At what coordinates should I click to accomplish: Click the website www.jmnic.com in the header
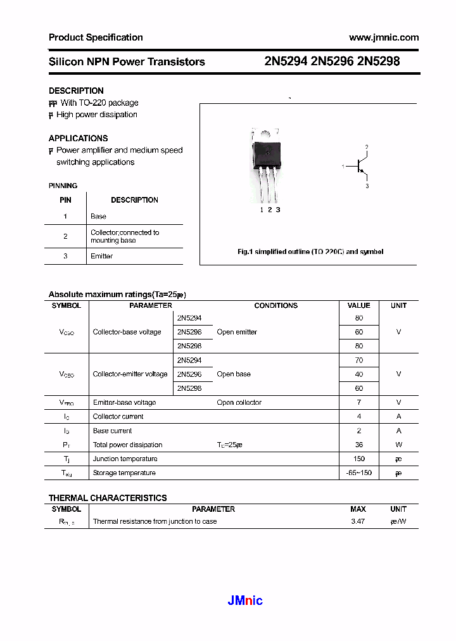pos(384,37)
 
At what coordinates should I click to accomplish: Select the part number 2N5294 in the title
pos(286,62)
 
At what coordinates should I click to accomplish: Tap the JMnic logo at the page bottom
pos(245,600)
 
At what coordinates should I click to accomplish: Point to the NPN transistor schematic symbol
pos(359,167)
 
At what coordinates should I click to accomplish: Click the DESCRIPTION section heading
pos(76,91)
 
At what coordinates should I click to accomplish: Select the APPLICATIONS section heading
pos(78,138)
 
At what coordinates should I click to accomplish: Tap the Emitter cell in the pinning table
pos(101,256)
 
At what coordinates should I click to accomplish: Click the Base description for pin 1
pos(98,216)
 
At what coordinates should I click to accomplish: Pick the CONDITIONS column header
pos(275,305)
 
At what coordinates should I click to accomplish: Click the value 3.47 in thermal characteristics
pos(358,521)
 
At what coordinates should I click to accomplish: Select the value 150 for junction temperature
pos(358,459)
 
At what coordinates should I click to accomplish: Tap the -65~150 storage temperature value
pos(358,473)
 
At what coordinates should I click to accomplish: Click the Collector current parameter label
pos(118,416)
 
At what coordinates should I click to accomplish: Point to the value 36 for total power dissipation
pos(358,445)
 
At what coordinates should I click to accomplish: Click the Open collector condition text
pos(239,402)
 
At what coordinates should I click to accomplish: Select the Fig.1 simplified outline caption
pos(310,251)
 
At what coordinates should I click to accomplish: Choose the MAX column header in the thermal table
pos(358,509)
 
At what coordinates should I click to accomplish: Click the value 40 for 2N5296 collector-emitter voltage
pos(358,374)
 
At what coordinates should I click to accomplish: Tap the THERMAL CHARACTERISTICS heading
pos(108,498)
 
